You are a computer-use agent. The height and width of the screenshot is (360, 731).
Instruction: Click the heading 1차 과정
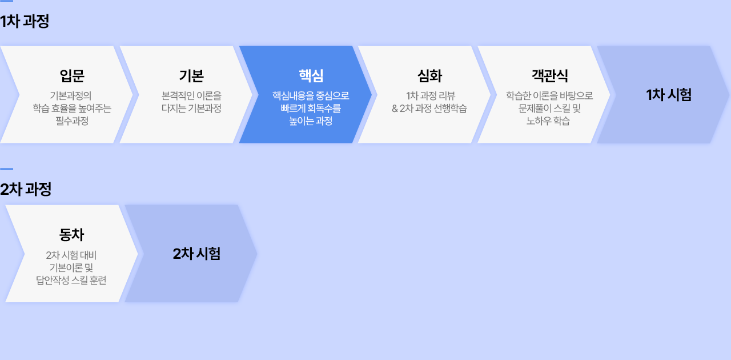pos(25,22)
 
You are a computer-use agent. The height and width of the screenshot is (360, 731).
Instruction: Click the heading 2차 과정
pos(26,189)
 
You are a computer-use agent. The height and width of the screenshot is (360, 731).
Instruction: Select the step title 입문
pos(72,76)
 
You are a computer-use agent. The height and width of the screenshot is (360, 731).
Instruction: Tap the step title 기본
pos(191,76)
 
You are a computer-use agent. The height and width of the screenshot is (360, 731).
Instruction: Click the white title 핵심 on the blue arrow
pos(311,76)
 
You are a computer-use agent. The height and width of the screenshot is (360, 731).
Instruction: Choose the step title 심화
pos(430,76)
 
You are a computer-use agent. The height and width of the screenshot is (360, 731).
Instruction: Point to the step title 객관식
pos(549,76)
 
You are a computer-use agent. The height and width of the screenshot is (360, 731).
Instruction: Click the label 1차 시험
pos(669,95)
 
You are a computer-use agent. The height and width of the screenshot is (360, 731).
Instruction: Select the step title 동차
pos(71,234)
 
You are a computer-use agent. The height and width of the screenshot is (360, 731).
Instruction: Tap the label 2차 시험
pos(196,254)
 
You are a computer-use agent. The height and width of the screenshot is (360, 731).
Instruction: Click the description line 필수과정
pos(72,121)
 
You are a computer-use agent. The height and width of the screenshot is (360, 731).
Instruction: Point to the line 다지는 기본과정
pos(191,108)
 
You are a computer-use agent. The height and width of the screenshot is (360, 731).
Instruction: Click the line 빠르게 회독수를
pos(311,108)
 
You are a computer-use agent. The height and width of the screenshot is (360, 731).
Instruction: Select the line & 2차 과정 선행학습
pos(429,108)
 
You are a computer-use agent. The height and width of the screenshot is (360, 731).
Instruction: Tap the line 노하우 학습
pos(548,121)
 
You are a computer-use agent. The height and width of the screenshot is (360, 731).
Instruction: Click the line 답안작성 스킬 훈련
pos(71,280)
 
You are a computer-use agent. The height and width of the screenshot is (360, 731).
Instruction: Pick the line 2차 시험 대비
pos(71,255)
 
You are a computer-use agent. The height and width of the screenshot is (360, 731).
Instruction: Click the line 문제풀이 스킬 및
pos(549,108)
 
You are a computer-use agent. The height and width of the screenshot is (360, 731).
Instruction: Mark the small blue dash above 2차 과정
pos(6,169)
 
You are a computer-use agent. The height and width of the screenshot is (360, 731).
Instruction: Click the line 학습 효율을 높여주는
pos(72,108)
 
